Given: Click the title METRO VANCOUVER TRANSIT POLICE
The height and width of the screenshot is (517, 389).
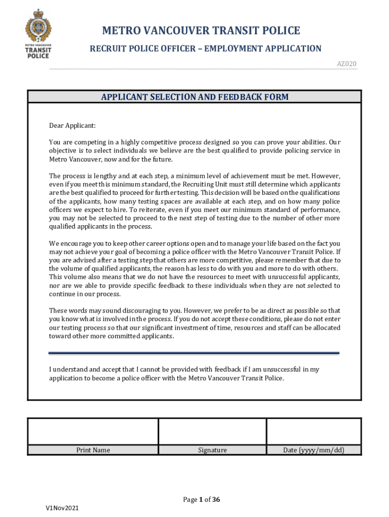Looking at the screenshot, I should click(201, 31).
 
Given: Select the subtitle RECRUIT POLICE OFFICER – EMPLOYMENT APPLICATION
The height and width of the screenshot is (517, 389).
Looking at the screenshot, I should click(205, 48).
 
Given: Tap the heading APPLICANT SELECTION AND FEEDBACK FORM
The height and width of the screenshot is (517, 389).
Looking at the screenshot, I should click(194, 97).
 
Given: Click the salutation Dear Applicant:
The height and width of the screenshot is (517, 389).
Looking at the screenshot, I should click(72, 125).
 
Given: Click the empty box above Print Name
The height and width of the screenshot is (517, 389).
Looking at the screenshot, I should click(93, 431).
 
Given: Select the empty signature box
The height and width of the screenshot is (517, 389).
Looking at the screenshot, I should click(212, 431).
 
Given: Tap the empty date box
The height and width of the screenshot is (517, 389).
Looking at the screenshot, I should click(313, 431).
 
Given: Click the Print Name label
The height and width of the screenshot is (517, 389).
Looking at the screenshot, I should click(93, 450).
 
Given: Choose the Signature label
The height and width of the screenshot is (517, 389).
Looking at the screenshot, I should click(212, 450).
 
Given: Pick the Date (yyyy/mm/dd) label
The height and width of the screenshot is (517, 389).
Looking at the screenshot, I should click(314, 450).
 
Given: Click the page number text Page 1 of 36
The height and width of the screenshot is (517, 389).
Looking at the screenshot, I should click(202, 500).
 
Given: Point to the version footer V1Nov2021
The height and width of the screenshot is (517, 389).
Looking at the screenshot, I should click(62, 507).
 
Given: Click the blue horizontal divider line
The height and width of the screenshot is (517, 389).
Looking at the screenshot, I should click(194, 353).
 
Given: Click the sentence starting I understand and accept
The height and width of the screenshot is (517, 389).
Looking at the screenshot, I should click(184, 373).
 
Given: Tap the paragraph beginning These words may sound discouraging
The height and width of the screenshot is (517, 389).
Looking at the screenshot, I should click(194, 323).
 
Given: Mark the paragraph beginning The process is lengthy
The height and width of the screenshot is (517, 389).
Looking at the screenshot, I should click(194, 201).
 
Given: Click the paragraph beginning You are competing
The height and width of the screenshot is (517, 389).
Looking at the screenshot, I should click(194, 150).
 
